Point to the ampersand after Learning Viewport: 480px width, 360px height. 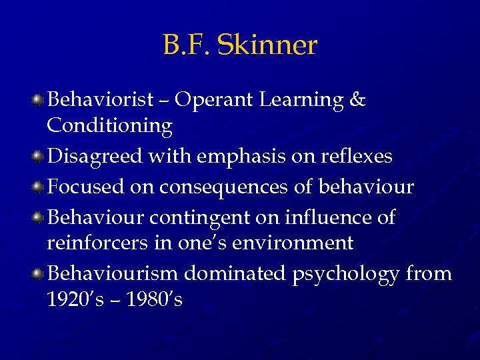click(357, 100)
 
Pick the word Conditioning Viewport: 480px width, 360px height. click(109, 125)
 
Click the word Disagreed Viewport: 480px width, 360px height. click(96, 157)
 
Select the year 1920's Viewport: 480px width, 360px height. click(73, 299)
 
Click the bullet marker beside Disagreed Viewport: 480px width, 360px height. click(39, 157)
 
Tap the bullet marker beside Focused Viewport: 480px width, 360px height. click(39, 187)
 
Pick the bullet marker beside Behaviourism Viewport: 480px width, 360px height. click(39, 273)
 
